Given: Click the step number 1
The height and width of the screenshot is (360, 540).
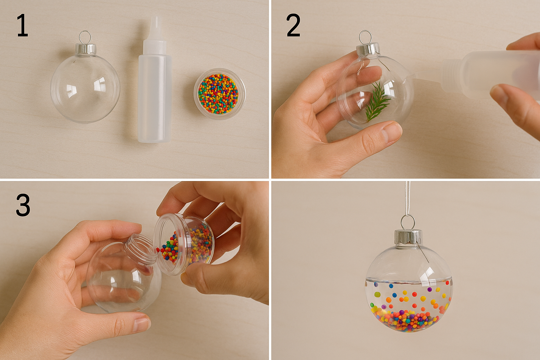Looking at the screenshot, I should pos(22,26).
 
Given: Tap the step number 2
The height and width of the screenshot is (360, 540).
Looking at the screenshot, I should pos(293,26).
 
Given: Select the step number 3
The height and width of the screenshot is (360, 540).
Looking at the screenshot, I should pos(23,205).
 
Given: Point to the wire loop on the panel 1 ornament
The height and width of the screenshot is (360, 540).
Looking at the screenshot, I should pos(85,36).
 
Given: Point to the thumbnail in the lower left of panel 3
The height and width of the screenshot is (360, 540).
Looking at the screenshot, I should pos(142,322).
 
